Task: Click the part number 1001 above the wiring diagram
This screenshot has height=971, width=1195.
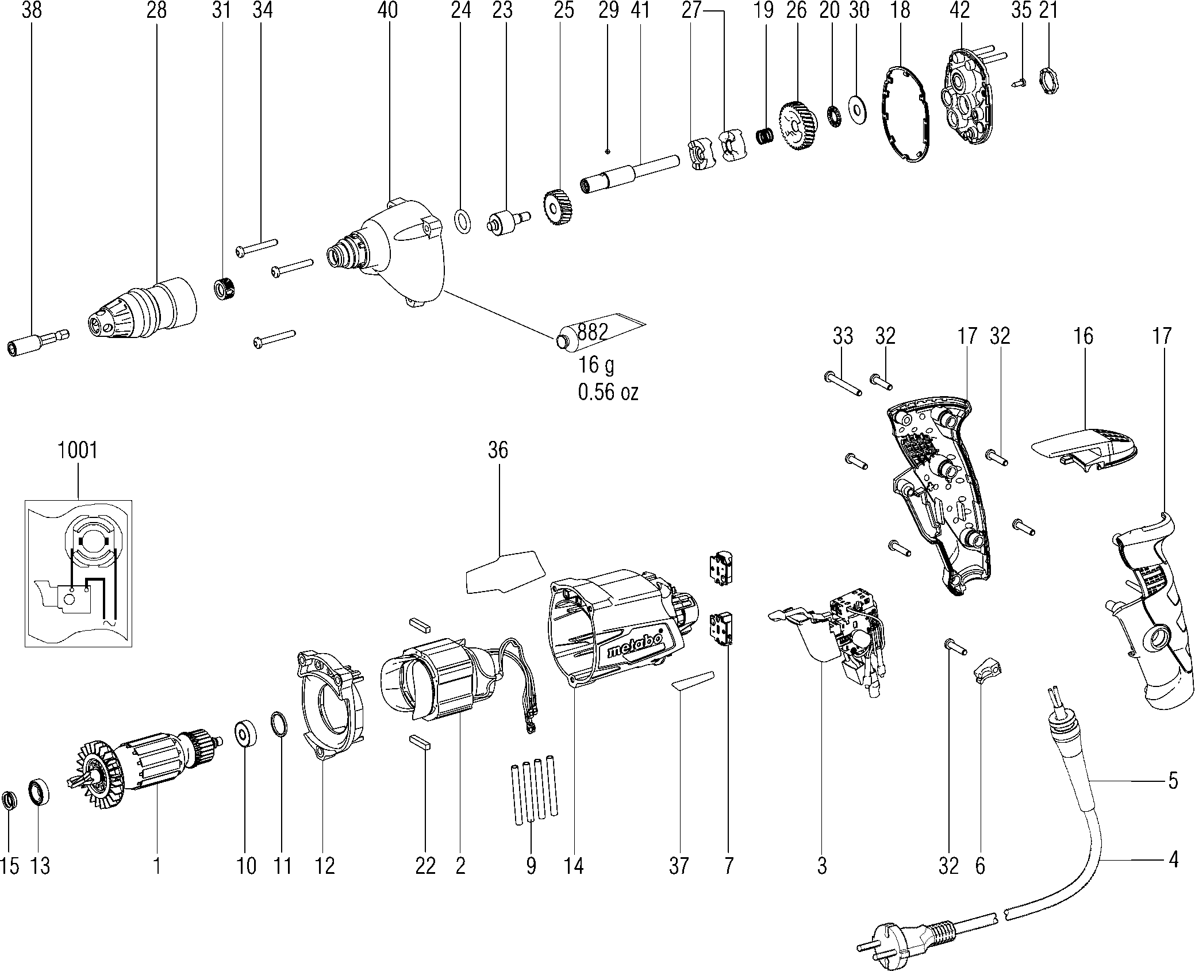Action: tap(78, 450)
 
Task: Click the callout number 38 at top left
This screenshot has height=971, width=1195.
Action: tap(32, 10)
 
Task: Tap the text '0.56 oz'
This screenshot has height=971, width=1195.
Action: tap(608, 392)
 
